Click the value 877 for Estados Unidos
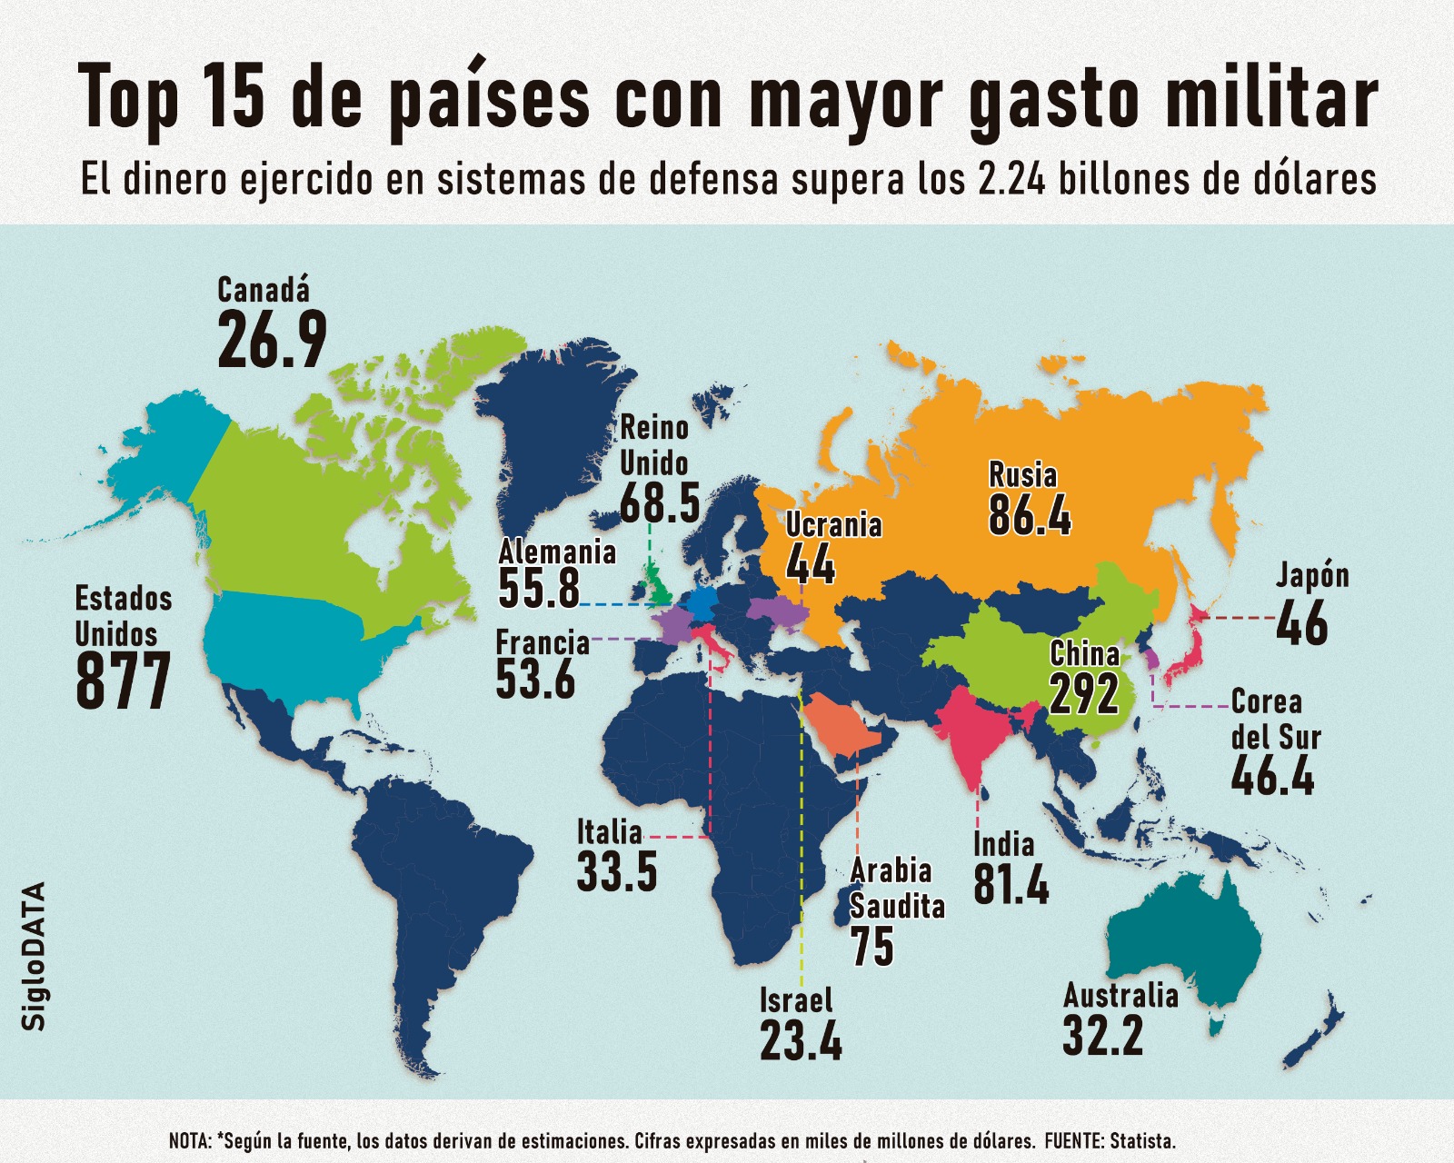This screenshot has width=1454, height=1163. (x=123, y=681)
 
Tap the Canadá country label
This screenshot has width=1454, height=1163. (x=264, y=290)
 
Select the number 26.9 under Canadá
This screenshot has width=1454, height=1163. (x=272, y=342)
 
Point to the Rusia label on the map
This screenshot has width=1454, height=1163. (x=1022, y=475)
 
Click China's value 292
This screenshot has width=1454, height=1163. (x=1084, y=694)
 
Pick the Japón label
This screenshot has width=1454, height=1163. (x=1312, y=575)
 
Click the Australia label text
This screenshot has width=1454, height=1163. (x=1120, y=996)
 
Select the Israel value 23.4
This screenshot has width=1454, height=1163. (x=801, y=1041)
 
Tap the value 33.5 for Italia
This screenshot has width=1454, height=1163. (x=617, y=872)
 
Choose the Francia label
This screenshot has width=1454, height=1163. (x=543, y=643)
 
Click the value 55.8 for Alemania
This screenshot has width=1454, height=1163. (x=539, y=589)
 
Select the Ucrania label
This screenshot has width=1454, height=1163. (x=833, y=525)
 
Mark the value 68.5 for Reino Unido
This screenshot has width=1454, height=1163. (x=660, y=503)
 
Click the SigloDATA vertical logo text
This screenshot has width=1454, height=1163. (x=34, y=956)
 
